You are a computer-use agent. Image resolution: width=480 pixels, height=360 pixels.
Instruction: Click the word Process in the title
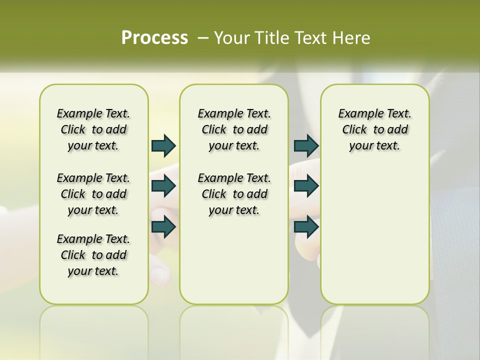[154, 37]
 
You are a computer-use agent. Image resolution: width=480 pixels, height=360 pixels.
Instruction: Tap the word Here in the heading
[351, 37]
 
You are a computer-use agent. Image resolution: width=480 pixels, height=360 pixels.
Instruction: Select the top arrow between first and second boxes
[163, 145]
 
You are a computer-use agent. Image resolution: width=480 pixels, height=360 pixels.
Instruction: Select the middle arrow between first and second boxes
[163, 186]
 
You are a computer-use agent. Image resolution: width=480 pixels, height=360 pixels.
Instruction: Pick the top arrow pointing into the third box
[306, 145]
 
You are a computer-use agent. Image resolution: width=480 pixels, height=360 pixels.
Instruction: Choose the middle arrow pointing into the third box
[306, 186]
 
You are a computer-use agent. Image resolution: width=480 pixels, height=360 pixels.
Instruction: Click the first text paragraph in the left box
[93, 129]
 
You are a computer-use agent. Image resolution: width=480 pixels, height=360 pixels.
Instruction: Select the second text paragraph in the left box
[93, 194]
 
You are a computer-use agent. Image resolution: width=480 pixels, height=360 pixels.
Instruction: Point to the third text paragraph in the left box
[93, 255]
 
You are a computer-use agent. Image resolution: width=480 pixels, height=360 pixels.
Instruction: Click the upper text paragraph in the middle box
[234, 129]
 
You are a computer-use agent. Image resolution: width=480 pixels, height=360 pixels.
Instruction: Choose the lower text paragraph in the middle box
[234, 194]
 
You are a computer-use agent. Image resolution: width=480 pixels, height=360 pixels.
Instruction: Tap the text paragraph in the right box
[375, 129]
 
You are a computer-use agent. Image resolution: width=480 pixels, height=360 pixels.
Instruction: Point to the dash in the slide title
[203, 37]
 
